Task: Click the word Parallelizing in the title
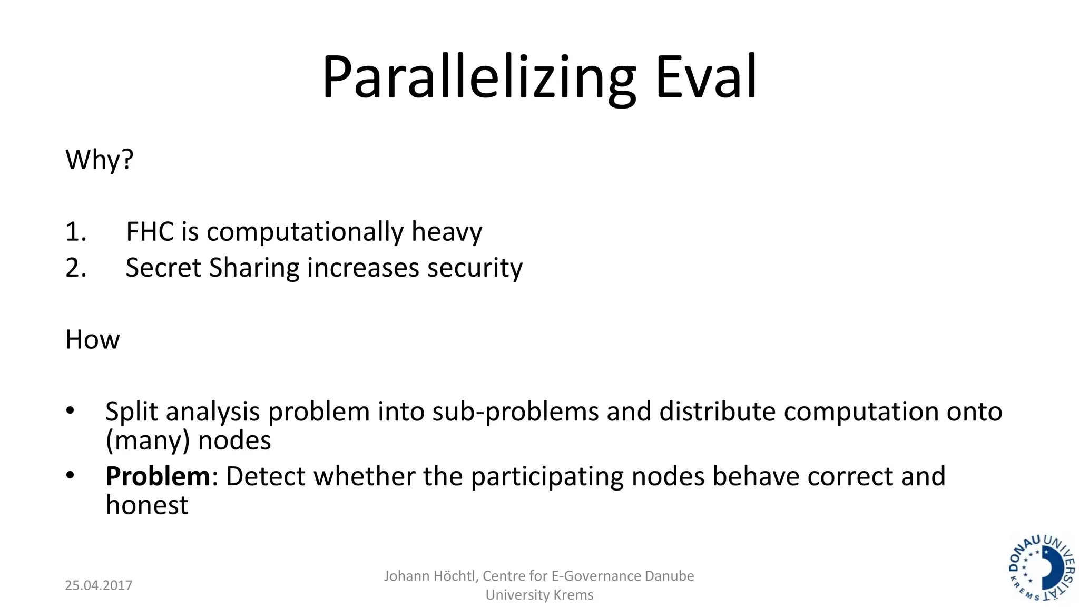click(478, 77)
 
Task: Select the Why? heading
click(100, 159)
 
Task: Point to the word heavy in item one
click(446, 232)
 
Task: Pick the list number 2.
click(75, 268)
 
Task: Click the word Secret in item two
click(163, 268)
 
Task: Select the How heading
click(93, 340)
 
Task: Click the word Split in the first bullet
click(131, 412)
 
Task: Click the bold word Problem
click(158, 476)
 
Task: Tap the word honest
click(147, 505)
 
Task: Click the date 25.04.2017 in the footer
click(99, 585)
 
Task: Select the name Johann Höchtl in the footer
click(429, 576)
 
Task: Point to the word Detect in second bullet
click(266, 476)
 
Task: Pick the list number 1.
click(75, 232)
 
